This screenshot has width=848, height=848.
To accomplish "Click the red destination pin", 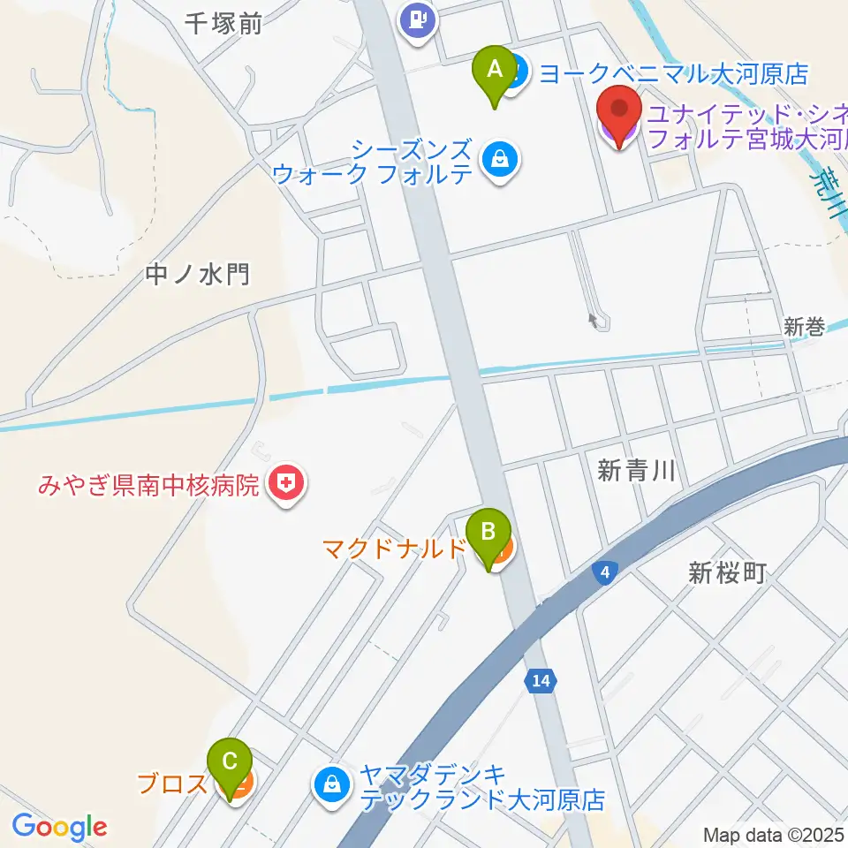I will click(x=619, y=113).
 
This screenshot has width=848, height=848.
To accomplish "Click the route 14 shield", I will click(x=541, y=680).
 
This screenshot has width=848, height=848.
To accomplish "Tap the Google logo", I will click(x=59, y=828).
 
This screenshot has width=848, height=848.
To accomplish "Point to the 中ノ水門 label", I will click(x=199, y=275).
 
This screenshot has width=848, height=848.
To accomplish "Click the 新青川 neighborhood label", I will click(x=636, y=471).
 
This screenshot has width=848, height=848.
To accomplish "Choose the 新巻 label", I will click(x=804, y=328).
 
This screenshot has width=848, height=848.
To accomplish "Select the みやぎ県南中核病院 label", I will click(x=148, y=485).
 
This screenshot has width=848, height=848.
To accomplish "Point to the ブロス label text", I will click(x=172, y=784).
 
